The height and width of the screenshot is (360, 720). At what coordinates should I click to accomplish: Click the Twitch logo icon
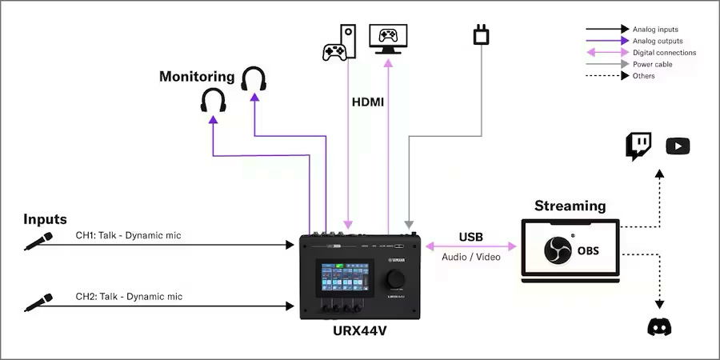[638, 146]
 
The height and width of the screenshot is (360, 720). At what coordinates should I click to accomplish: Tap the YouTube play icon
[678, 146]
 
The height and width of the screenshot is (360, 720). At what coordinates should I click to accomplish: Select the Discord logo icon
[660, 326]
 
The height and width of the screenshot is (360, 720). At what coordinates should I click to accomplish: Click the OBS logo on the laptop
[557, 250]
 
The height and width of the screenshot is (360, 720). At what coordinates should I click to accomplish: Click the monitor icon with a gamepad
[388, 38]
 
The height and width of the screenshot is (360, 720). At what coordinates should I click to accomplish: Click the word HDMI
[368, 102]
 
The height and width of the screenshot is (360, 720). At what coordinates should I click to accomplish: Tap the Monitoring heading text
[197, 77]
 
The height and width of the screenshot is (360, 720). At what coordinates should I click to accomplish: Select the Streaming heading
[570, 206]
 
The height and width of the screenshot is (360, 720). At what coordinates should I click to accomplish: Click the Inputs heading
[45, 219]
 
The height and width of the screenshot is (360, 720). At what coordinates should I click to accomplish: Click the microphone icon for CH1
[38, 241]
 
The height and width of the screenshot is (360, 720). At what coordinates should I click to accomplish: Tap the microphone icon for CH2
[38, 302]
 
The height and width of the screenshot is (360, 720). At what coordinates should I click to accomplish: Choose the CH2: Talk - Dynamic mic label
[129, 297]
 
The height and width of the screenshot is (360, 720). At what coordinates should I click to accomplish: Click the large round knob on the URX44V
[394, 278]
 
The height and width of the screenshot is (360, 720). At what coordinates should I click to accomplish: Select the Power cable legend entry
[653, 64]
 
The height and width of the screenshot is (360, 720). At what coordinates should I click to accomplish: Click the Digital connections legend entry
[664, 53]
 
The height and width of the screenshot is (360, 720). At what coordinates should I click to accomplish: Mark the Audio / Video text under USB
[470, 256]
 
